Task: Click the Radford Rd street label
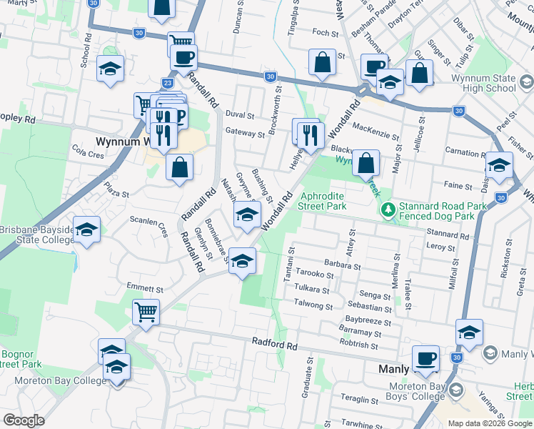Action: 275,344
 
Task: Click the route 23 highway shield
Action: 166,82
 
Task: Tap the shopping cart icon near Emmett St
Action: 146,311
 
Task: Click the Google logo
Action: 24,420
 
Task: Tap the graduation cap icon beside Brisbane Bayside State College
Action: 86,230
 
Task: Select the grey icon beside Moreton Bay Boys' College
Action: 457,392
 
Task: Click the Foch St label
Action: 326,33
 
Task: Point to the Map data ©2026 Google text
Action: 489,423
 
